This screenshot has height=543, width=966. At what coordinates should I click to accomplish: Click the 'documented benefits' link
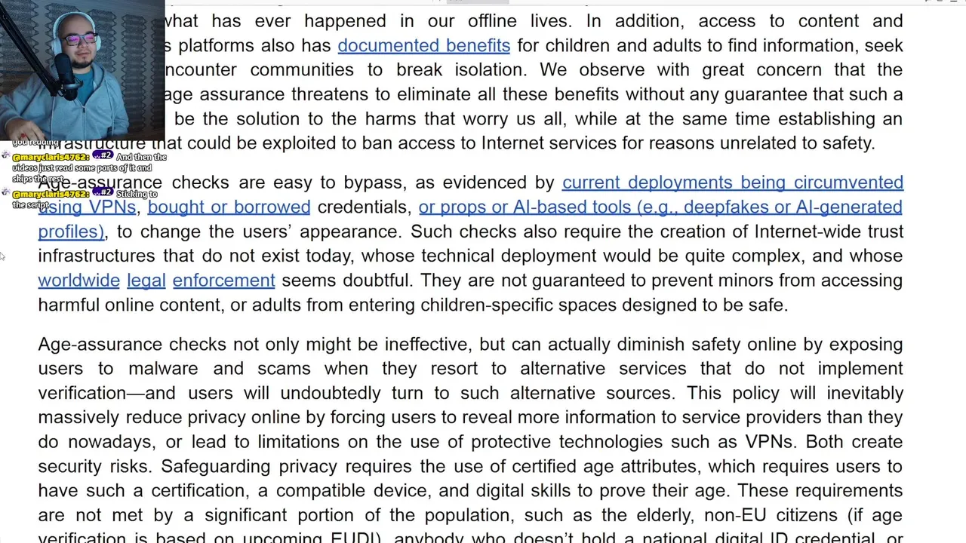pyautogui.click(x=423, y=45)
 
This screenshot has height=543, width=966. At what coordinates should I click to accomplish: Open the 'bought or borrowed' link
pyautogui.click(x=229, y=207)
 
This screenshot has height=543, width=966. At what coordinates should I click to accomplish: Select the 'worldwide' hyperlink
pyautogui.click(x=78, y=281)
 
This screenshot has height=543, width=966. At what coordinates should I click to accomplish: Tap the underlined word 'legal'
pyautogui.click(x=146, y=281)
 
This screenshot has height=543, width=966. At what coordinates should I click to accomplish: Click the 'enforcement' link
pyautogui.click(x=223, y=281)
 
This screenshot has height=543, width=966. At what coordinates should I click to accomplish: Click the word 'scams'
pyautogui.click(x=284, y=369)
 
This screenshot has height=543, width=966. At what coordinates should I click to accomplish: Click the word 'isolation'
pyautogui.click(x=491, y=70)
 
